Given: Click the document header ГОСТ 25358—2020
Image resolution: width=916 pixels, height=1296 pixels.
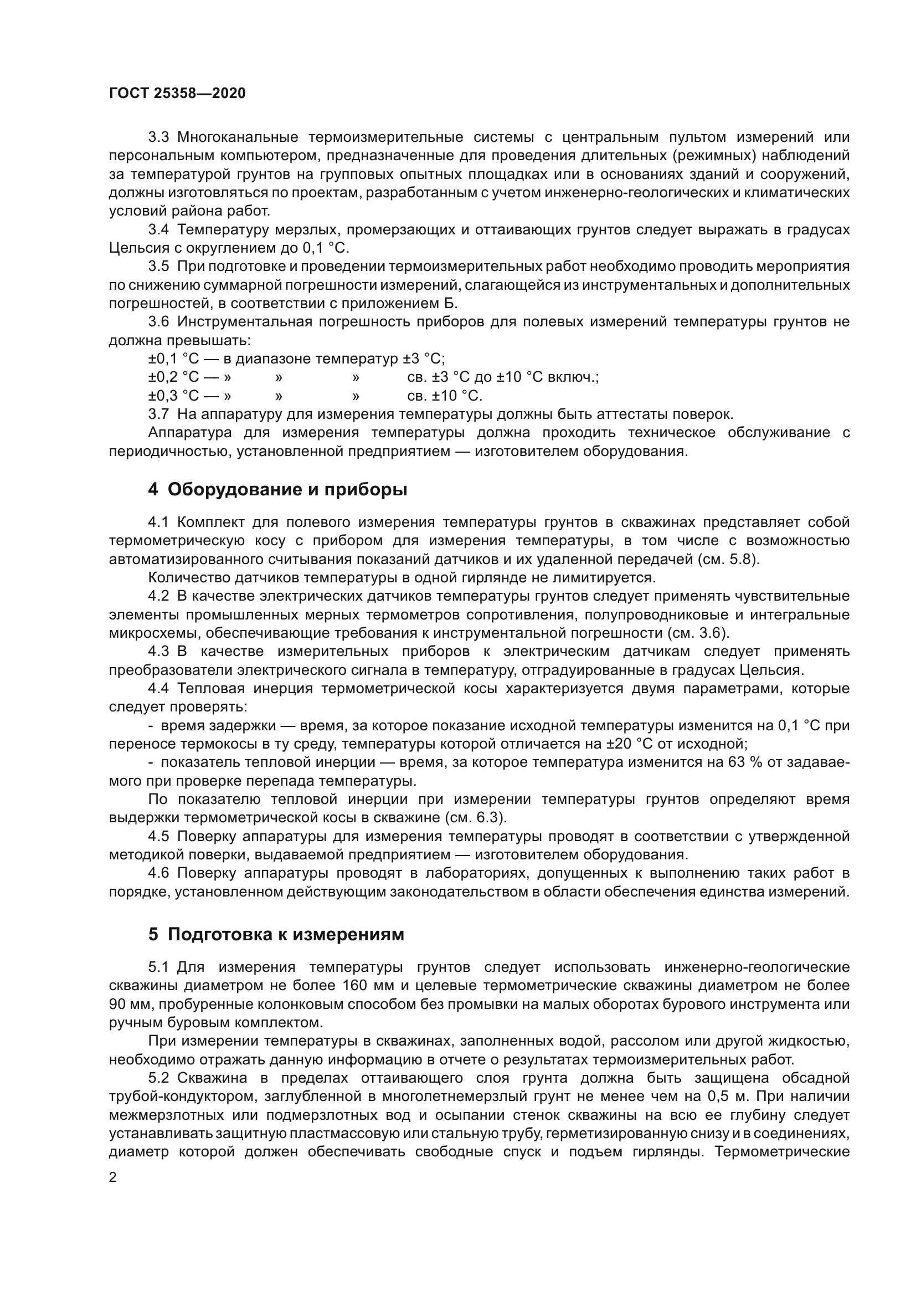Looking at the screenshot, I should [x=177, y=93].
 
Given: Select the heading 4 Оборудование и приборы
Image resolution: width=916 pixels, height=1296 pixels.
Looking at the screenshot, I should [x=277, y=489].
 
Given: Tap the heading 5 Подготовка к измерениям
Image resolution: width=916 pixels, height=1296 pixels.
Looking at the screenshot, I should [x=276, y=934].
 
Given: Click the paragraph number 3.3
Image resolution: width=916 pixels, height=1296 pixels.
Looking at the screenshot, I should [x=158, y=137].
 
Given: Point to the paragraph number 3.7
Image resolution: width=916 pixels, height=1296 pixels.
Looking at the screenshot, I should [x=158, y=414].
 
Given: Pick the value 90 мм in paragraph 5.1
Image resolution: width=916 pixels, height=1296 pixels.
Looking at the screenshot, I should [x=130, y=1004].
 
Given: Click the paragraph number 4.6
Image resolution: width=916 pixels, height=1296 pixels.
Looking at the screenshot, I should [x=158, y=873].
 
